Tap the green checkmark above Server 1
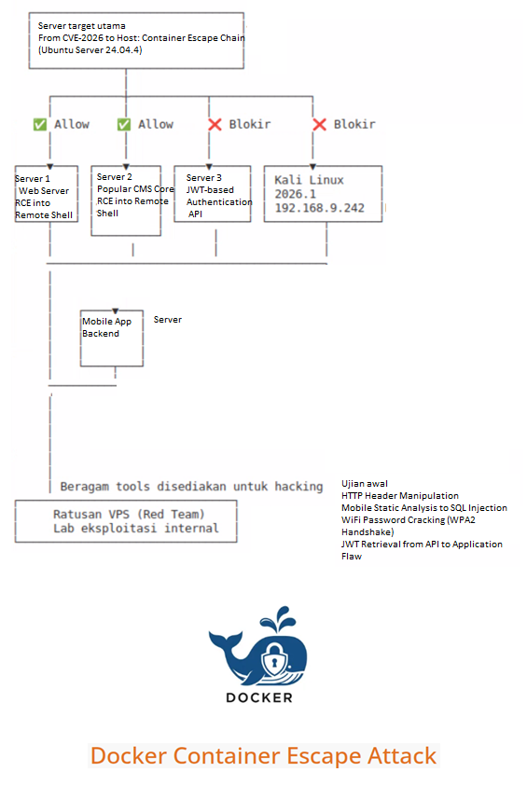39,124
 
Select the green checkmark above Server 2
124,124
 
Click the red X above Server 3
215,124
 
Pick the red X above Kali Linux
319,124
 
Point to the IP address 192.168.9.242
319,208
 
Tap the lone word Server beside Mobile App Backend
168,319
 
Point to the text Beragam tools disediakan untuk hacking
191,486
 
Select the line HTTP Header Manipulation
399,496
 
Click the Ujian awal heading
365,484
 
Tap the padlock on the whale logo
274,656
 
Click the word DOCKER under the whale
259,697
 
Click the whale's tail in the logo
224,640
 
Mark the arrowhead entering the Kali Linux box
312,166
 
